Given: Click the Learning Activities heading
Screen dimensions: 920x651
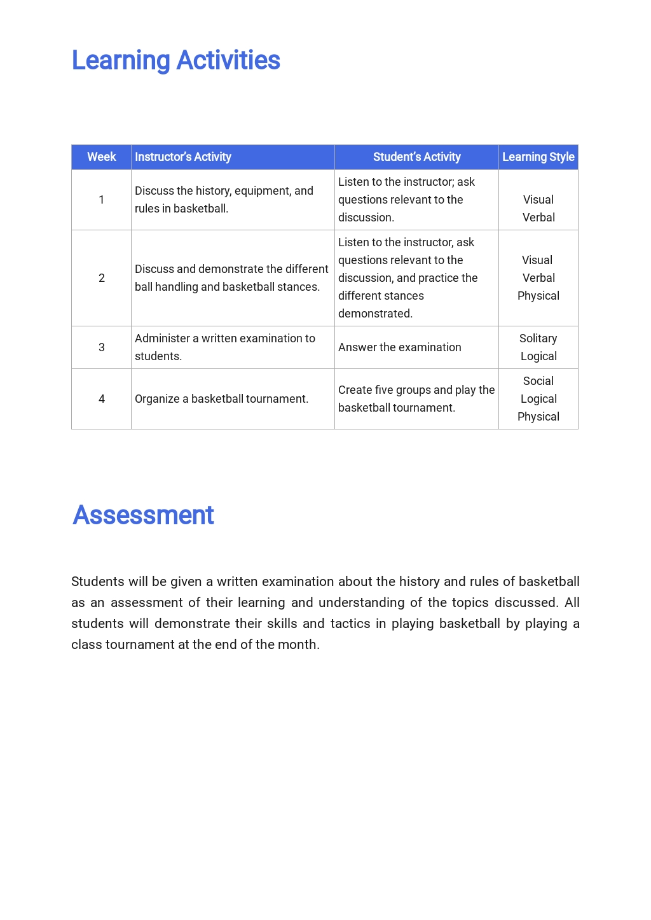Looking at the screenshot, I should (x=175, y=60).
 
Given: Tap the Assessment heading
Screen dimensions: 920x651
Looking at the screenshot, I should (x=143, y=515).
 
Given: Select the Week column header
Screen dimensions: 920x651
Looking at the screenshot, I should (x=101, y=157).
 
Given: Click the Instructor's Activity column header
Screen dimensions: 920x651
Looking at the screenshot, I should (x=183, y=157).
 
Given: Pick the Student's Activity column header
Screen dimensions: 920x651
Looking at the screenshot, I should (x=416, y=157).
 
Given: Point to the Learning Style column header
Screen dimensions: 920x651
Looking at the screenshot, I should (x=538, y=157).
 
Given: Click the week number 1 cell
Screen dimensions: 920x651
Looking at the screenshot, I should (x=101, y=200).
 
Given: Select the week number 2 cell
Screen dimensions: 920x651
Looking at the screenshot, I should (x=101, y=278).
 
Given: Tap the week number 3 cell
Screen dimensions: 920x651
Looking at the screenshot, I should (x=101, y=347).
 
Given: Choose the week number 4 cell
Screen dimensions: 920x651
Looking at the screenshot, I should (x=101, y=399).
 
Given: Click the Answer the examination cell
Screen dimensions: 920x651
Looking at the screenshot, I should (x=400, y=347).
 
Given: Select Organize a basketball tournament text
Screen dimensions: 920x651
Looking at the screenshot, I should (x=221, y=399).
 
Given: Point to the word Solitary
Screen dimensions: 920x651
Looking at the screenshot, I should (x=538, y=338).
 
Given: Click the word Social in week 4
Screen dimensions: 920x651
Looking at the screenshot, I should (x=538, y=381).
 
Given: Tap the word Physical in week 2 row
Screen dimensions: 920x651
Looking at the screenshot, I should (x=538, y=296).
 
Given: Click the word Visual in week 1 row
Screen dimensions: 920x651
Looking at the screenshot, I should (x=538, y=200).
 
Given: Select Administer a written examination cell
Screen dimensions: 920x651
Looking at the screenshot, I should (x=225, y=347).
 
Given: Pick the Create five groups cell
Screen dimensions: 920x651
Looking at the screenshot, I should (x=416, y=399).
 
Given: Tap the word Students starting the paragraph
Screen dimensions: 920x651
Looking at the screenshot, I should (x=97, y=582).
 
